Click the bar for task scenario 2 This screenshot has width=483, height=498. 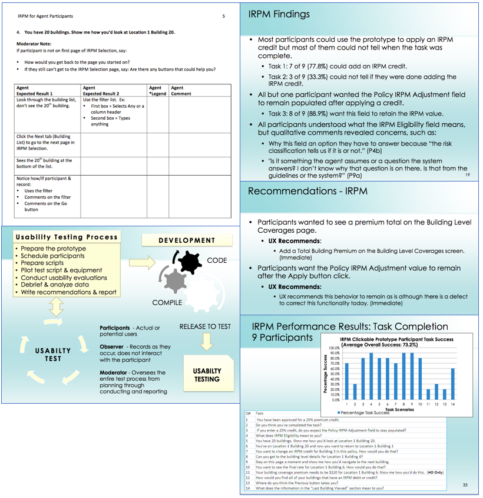click(x=355, y=391)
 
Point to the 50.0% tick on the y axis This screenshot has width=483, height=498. click(x=333, y=374)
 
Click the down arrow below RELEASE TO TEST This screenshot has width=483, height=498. click(x=206, y=341)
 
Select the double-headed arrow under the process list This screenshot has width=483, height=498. click(x=57, y=306)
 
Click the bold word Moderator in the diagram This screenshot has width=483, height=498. click(x=115, y=372)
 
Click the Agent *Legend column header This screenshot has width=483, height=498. click(x=157, y=91)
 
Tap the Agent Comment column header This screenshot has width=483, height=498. click(x=181, y=91)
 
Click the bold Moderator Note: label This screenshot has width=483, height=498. click(x=34, y=44)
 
